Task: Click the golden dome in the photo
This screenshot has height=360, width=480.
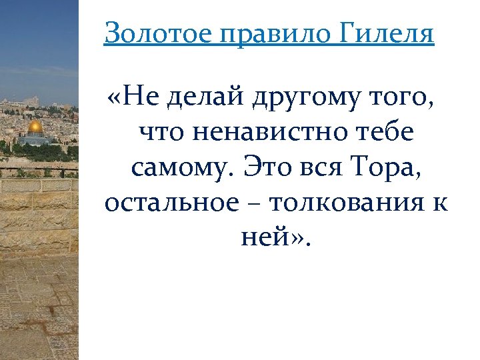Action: click(x=35, y=126)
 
